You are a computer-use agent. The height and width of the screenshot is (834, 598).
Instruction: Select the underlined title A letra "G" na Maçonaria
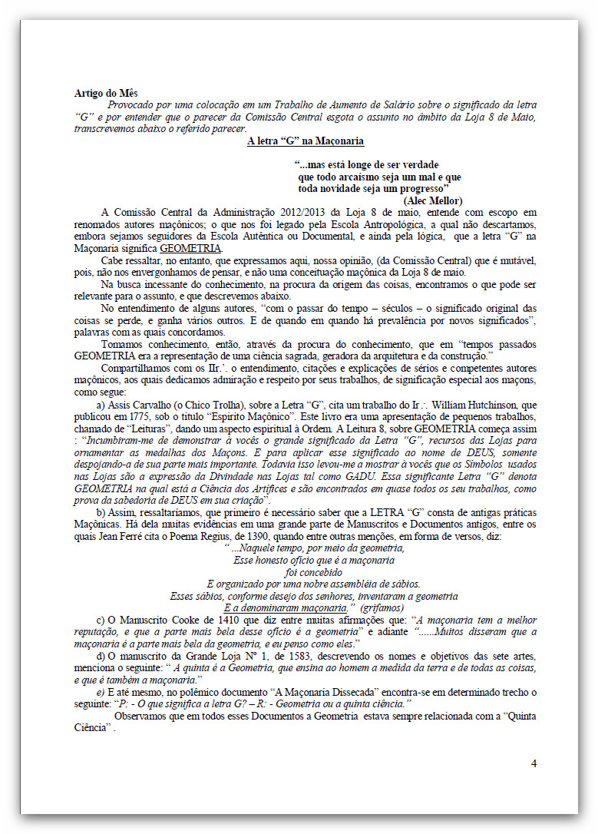click(306, 141)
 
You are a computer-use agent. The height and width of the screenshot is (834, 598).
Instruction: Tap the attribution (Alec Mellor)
click(432, 200)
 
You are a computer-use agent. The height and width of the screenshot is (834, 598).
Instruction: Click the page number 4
click(534, 763)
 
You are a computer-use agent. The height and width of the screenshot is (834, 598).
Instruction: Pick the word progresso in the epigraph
click(421, 188)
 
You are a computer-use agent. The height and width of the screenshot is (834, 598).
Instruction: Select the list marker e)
click(101, 692)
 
